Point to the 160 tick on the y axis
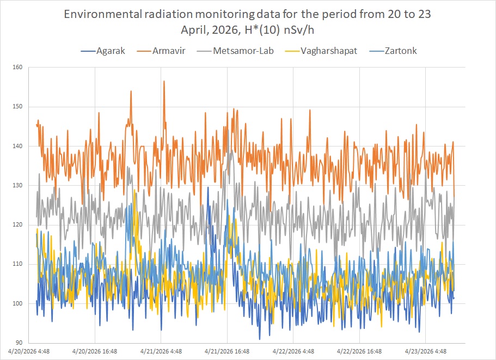click(x=20, y=68)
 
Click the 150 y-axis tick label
click(x=20, y=107)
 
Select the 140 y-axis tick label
click(x=20, y=146)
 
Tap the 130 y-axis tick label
click(x=20, y=186)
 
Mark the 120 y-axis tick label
click(x=20, y=225)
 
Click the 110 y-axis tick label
click(x=20, y=264)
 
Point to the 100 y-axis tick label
click(x=20, y=303)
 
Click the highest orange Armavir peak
click(x=164, y=81)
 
